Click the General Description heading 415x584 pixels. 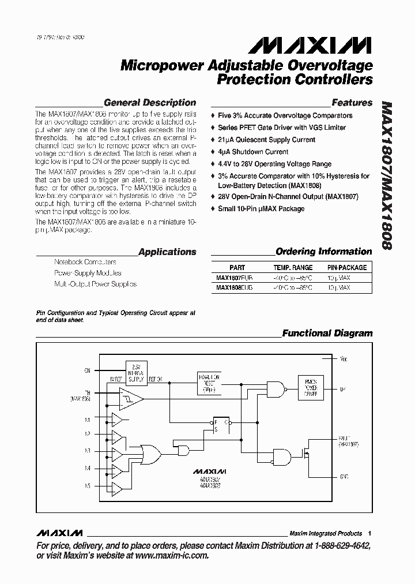[x=149, y=103]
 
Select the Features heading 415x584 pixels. [x=352, y=103]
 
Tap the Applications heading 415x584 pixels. [x=167, y=252]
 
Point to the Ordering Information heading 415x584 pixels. [x=323, y=252]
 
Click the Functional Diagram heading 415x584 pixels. [x=327, y=333]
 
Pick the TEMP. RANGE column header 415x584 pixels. [x=293, y=268]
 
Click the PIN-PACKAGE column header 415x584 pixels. [x=346, y=268]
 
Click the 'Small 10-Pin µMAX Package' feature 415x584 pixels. [x=261, y=208]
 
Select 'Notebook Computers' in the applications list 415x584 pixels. [x=85, y=262]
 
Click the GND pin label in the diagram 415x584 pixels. [x=344, y=477]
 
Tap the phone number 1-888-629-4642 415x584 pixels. [x=342, y=546]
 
